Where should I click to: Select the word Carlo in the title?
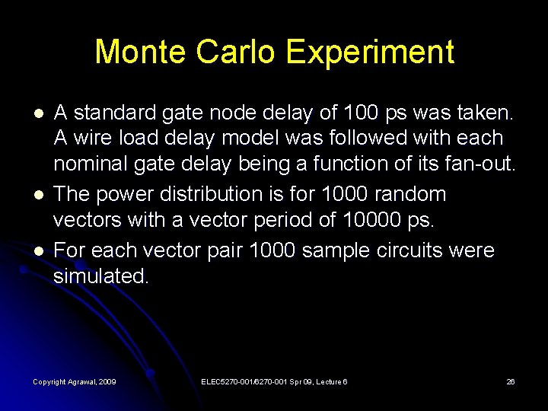pos(234,52)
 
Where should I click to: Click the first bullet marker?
pos(39,113)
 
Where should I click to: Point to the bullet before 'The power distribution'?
pos(39,195)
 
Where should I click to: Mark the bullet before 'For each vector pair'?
pos(39,251)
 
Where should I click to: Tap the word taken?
pos(484,113)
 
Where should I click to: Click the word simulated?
pos(101,277)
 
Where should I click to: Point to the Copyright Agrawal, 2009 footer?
pos(75,381)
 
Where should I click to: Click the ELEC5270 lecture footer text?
pos(274,381)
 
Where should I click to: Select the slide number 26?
pos(511,381)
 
